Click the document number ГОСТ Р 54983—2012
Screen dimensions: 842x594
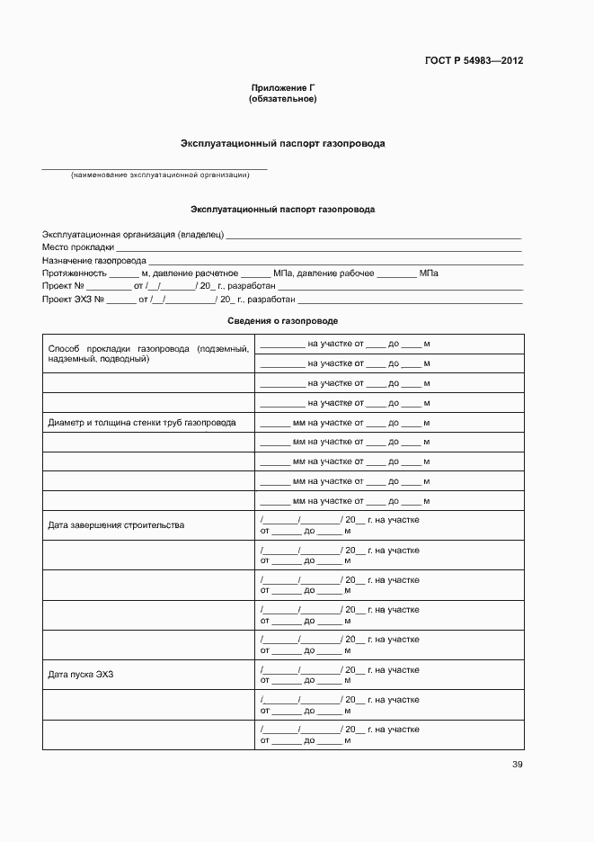(x=474, y=61)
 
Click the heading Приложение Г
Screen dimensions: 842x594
(x=283, y=87)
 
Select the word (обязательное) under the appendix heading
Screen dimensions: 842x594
(x=283, y=98)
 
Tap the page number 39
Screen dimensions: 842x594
(x=517, y=765)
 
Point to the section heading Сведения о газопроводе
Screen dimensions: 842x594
(x=283, y=320)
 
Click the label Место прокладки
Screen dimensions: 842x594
(x=77, y=247)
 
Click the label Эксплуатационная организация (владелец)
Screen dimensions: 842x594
(x=132, y=234)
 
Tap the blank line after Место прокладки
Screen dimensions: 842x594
(x=319, y=249)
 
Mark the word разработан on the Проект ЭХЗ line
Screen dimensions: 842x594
(x=271, y=299)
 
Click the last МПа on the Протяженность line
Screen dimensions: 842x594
(x=429, y=273)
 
